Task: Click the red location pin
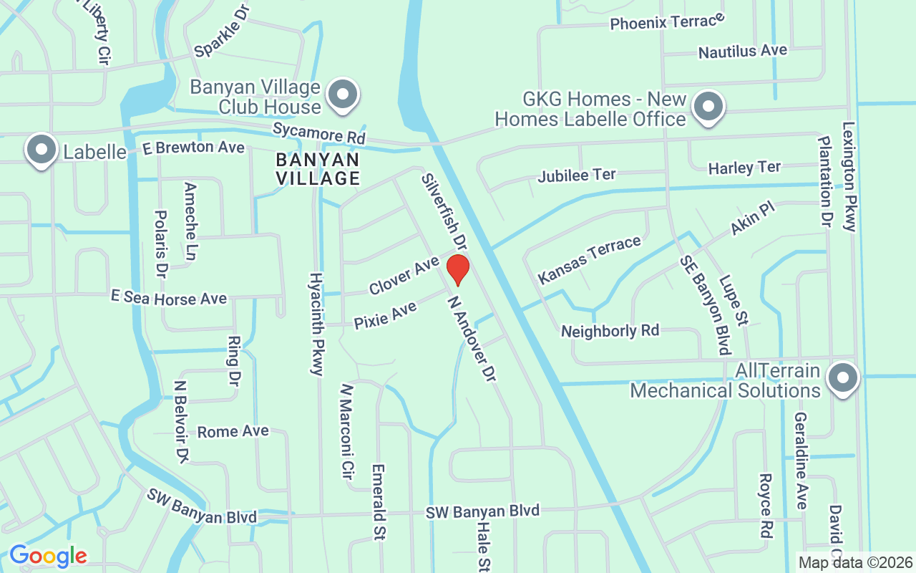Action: click(458, 269)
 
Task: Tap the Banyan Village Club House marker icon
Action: click(343, 95)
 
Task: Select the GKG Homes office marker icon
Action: click(708, 107)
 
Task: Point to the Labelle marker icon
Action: click(42, 150)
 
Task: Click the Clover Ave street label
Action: click(404, 276)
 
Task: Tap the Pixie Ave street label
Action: click(385, 316)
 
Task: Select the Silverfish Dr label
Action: click(444, 212)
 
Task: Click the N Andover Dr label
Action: click(471, 339)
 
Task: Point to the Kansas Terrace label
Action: click(590, 259)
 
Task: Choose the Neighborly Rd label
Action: click(610, 331)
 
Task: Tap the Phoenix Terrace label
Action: click(667, 22)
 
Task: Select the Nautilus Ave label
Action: click(742, 52)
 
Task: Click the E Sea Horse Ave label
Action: click(168, 298)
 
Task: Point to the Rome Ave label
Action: click(233, 431)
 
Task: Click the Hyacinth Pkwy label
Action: click(316, 324)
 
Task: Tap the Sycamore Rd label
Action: click(319, 133)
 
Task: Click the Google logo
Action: click(48, 556)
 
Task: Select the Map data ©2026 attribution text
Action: click(856, 563)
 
